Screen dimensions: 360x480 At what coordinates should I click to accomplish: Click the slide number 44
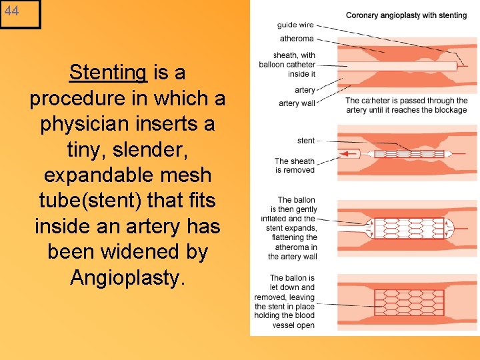click(11, 11)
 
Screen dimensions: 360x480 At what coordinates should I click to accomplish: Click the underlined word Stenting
click(107, 72)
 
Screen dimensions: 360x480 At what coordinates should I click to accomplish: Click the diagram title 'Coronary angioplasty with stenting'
click(406, 15)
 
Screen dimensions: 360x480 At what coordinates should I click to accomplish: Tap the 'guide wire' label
click(296, 25)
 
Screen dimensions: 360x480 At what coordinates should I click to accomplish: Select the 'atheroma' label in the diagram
click(297, 39)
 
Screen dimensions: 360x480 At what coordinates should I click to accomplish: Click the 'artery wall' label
click(297, 103)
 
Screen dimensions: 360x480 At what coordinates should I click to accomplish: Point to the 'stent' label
click(306, 141)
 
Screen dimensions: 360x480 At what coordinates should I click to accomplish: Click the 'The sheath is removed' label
click(294, 165)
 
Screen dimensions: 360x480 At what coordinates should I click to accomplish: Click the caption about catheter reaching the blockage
click(407, 105)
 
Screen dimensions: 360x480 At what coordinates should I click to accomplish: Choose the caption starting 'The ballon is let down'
click(293, 301)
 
